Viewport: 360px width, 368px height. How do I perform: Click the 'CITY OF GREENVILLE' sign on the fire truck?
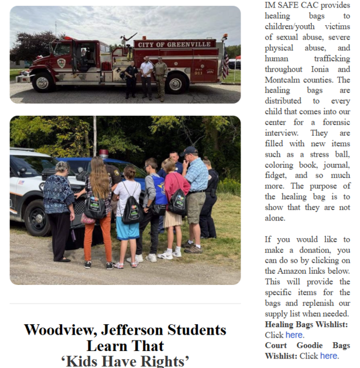tap(174, 44)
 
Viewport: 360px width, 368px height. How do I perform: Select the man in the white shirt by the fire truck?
tap(146, 75)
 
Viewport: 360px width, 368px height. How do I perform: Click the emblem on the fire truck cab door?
tap(61, 63)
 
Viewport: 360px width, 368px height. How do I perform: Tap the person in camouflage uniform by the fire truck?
tap(160, 78)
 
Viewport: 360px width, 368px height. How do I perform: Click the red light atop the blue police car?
tap(104, 153)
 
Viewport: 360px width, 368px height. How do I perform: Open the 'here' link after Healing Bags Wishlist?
tap(294, 335)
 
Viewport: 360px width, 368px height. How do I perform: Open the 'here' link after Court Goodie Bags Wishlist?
tap(328, 355)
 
